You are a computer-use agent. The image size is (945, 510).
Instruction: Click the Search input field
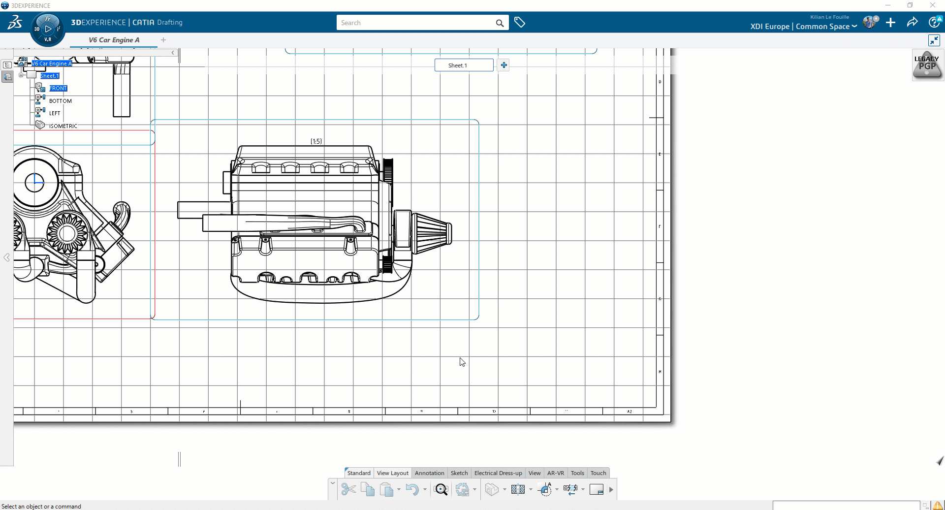[416, 23]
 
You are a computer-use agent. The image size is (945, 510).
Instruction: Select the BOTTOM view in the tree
[60, 101]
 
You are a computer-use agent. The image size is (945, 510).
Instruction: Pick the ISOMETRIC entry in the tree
[63, 126]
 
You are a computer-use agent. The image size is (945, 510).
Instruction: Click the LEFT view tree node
[54, 113]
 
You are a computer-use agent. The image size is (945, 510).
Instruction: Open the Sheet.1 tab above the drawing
[463, 65]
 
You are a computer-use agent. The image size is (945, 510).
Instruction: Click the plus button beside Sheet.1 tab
[504, 65]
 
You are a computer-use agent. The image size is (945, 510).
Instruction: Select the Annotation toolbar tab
[429, 473]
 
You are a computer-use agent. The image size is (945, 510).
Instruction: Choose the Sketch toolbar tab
[459, 473]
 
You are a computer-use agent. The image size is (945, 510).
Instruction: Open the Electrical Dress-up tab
[498, 473]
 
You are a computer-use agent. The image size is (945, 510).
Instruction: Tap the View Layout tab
[392, 473]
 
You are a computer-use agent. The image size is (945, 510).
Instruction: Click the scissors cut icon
[348, 489]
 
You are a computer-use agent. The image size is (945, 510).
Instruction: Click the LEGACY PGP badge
[927, 65]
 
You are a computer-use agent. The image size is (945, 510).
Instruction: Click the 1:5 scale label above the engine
[316, 141]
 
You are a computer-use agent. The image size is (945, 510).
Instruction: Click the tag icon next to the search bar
[520, 23]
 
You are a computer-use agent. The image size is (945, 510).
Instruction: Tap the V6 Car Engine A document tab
[114, 40]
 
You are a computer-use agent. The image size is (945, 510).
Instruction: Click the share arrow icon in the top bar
[912, 23]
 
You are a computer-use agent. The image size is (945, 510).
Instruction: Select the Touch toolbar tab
[598, 473]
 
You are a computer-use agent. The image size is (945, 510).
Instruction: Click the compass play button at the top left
[48, 29]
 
